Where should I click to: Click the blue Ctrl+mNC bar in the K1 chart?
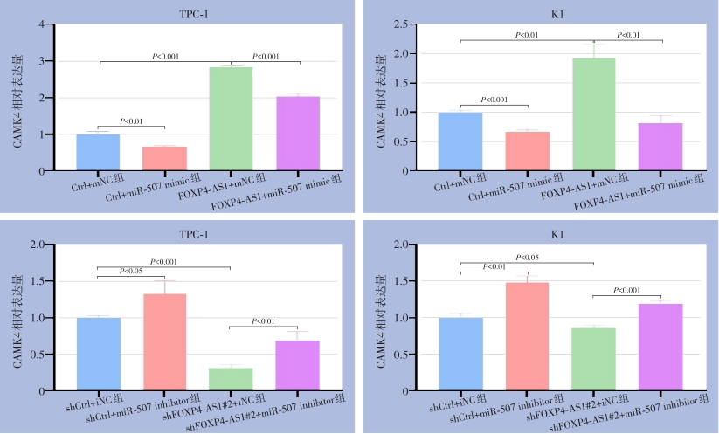[460, 141]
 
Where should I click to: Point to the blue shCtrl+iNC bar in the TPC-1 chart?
[98, 354]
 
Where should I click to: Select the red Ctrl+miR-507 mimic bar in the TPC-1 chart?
[164, 158]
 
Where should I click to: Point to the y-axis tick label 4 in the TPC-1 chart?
[42, 24]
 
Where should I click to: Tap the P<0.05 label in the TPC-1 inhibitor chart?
[131, 271]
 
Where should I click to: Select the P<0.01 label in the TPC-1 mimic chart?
[131, 121]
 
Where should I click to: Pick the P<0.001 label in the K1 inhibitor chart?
[627, 290]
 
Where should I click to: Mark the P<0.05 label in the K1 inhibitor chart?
[527, 258]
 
